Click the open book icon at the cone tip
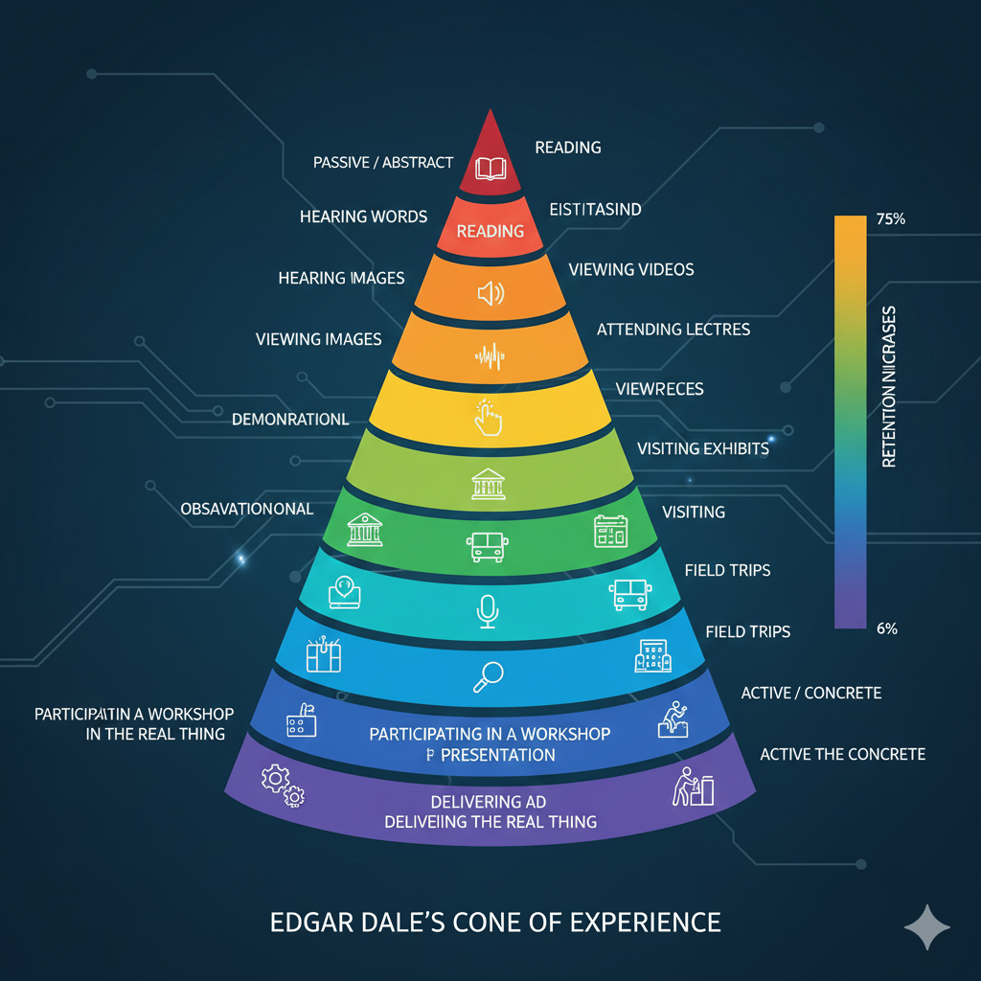pyautogui.click(x=490, y=170)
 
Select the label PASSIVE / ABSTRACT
pyautogui.click(x=383, y=163)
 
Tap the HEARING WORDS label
pyautogui.click(x=363, y=217)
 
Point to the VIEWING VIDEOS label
pyautogui.click(x=631, y=269)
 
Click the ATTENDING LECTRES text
pyautogui.click(x=673, y=330)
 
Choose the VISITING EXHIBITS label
pyautogui.click(x=703, y=447)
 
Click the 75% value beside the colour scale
pyautogui.click(x=890, y=219)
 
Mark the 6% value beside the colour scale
pyautogui.click(x=886, y=628)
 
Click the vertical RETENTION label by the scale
pyautogui.click(x=888, y=387)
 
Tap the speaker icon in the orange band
pyautogui.click(x=490, y=292)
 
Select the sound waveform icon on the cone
pyautogui.click(x=490, y=358)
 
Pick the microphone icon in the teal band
pyautogui.click(x=488, y=610)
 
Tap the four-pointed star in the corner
pyautogui.click(x=927, y=927)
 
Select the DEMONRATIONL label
pyautogui.click(x=290, y=420)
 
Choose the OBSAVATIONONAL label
pyautogui.click(x=247, y=509)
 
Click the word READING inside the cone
pyautogui.click(x=490, y=231)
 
